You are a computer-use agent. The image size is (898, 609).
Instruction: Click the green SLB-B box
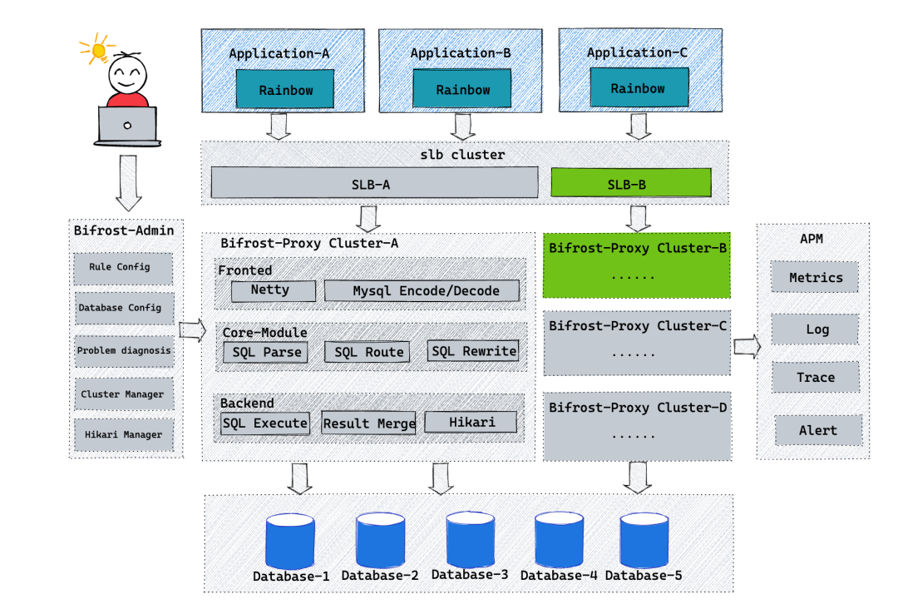(x=631, y=183)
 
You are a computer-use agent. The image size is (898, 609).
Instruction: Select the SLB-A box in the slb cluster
(x=374, y=183)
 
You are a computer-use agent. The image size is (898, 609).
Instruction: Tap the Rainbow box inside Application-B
(x=462, y=89)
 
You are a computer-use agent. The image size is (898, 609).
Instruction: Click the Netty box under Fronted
(x=272, y=290)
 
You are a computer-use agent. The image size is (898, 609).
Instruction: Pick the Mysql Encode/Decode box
(x=422, y=290)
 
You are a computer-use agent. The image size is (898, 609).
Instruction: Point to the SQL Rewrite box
(x=473, y=351)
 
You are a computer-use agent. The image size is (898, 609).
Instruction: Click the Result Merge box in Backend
(x=368, y=423)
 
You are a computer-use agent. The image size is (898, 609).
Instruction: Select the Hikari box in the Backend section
(x=471, y=423)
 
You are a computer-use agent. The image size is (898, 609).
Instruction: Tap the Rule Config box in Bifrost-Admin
(x=123, y=268)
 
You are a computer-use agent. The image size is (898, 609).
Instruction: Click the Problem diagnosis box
(x=124, y=350)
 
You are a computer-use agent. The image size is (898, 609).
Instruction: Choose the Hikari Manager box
(x=124, y=434)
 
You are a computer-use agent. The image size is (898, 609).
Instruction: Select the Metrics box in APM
(x=816, y=278)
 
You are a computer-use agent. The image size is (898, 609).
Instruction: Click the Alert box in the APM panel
(x=818, y=430)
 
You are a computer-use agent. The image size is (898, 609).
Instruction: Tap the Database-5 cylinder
(x=644, y=541)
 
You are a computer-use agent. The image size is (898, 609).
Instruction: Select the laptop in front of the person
(x=127, y=124)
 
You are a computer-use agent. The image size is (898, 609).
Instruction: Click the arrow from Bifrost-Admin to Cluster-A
(x=192, y=330)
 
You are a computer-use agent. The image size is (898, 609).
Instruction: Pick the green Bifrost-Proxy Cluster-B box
(x=637, y=265)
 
